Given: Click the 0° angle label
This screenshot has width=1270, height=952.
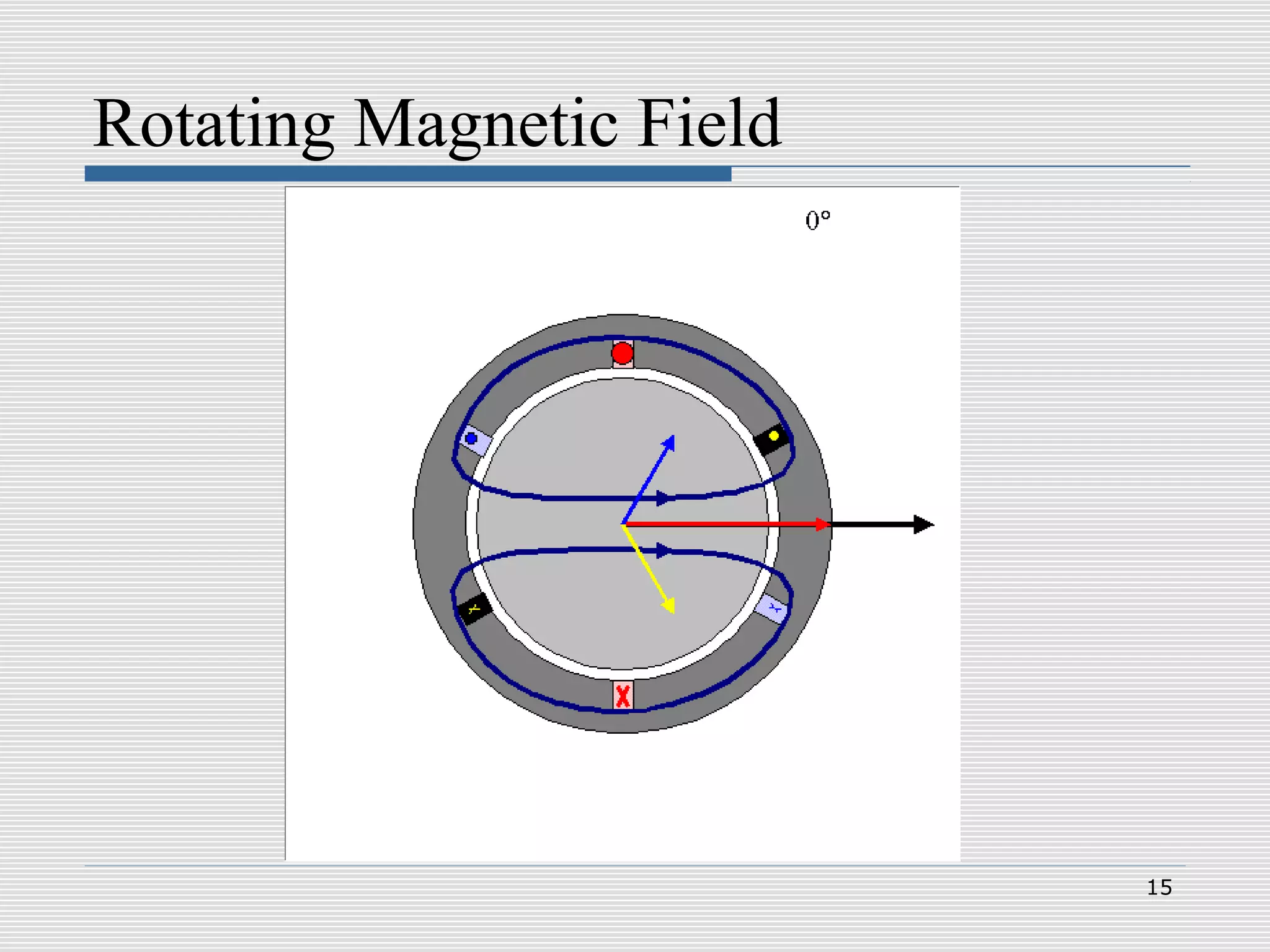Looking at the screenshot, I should coord(817,220).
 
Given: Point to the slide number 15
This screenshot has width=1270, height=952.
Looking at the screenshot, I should coord(1159,888).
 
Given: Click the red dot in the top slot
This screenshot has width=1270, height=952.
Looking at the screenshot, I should coord(623,353).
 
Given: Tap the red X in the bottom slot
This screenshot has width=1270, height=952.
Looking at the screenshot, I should coord(623,696).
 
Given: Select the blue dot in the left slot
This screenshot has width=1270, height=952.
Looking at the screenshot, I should coord(471,439).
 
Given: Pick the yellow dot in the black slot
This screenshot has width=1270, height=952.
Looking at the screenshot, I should coord(773,436).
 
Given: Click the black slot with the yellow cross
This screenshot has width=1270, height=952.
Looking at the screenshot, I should coord(474,609).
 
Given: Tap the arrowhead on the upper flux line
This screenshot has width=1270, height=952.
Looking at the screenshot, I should coord(664,498).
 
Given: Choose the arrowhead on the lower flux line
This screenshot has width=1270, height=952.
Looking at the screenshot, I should coord(664,550).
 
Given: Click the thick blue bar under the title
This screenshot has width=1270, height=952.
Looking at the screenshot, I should coord(407,174).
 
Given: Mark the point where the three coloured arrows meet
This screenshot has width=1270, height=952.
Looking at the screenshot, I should coord(623,524).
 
